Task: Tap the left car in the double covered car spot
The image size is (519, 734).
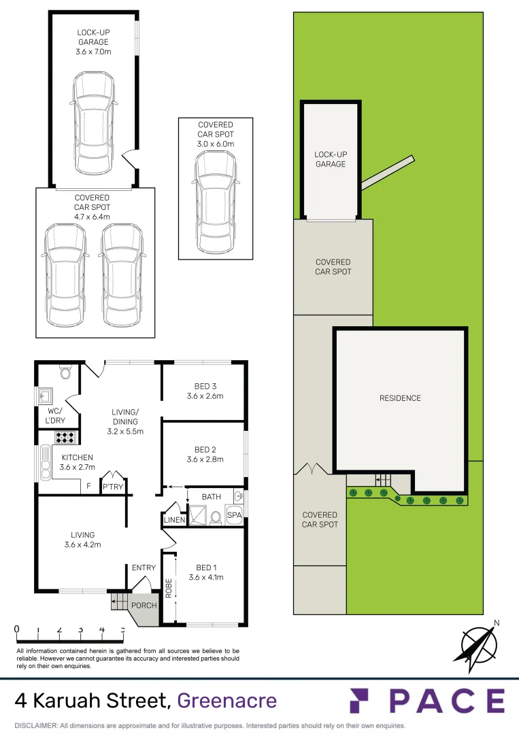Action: tap(65, 275)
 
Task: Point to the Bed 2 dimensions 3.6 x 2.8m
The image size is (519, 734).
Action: tap(205, 459)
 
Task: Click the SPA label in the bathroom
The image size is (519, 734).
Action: tap(234, 516)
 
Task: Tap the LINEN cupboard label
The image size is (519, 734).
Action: tap(173, 520)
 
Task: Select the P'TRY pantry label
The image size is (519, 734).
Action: tap(112, 487)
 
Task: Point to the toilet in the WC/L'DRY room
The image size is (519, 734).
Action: tap(66, 372)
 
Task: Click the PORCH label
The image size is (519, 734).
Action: tap(144, 606)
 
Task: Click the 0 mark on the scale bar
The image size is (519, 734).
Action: tap(16, 629)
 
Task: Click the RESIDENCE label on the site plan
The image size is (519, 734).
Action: tap(400, 398)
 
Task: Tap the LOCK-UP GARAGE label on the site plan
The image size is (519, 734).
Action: tap(330, 159)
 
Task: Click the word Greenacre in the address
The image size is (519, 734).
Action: tap(227, 700)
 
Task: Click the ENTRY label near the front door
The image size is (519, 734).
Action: tap(144, 567)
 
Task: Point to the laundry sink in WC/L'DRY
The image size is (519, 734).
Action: tap(47, 395)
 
